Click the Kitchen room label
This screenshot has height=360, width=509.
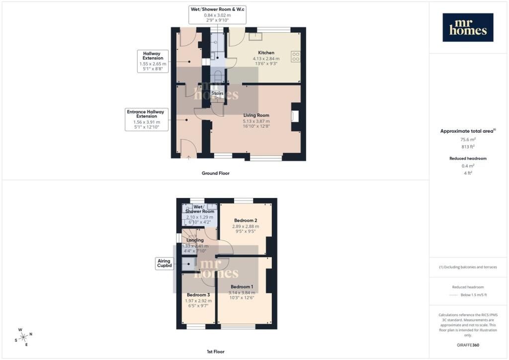tap(266, 53)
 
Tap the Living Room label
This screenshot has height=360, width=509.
tap(256, 115)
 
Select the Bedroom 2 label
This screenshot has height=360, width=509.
tap(246, 220)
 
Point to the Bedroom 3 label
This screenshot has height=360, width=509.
tap(198, 295)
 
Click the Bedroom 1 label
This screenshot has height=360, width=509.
tap(242, 286)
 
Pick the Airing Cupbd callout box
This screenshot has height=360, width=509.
tap(164, 263)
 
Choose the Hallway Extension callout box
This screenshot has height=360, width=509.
tap(153, 61)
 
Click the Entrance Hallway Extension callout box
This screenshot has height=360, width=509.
tap(147, 119)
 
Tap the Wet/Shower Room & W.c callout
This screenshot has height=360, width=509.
tap(218, 14)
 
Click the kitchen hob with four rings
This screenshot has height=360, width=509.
tap(296, 57)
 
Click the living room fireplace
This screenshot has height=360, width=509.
tap(295, 116)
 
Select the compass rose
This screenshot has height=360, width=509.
tap(24, 337)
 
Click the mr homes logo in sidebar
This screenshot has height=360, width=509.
tap(468, 27)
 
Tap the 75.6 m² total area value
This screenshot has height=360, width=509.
tap(468, 140)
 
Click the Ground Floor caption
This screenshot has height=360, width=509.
tap(216, 174)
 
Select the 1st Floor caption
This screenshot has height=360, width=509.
tap(216, 352)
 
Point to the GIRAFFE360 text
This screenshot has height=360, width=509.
tap(468, 345)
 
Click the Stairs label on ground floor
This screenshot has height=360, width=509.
tap(217, 93)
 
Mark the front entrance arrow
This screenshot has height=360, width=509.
tap(188, 158)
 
